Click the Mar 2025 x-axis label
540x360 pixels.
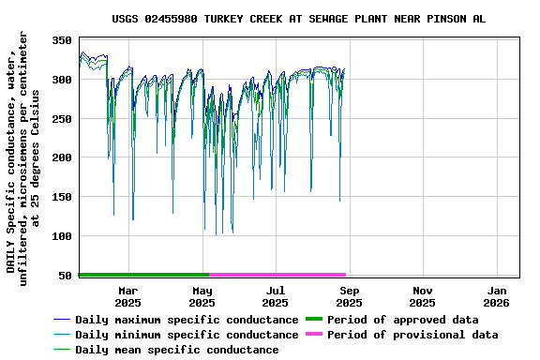[x=128, y=296]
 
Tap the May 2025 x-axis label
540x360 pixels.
[x=202, y=296]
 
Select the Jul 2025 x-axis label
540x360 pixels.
[x=275, y=296]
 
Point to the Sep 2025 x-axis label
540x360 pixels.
[x=349, y=296]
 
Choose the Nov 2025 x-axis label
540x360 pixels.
[x=422, y=296]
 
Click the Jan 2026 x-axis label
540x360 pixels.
[x=496, y=296]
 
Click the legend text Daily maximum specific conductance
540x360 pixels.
[x=187, y=320]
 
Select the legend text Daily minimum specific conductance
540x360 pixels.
[x=187, y=335]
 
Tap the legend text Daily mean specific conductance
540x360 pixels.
[x=176, y=350]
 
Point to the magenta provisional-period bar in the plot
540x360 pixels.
[x=277, y=275]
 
